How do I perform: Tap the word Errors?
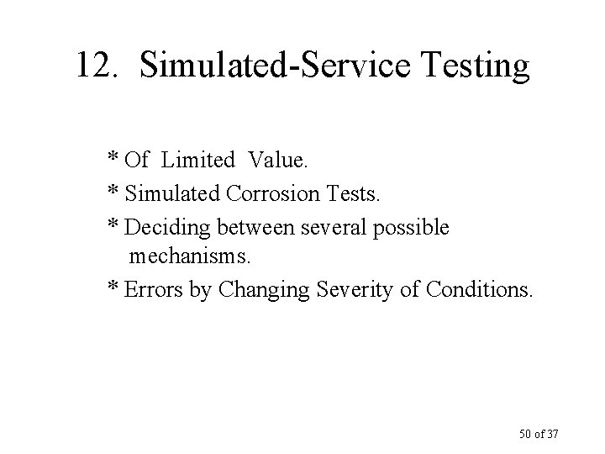[150, 289]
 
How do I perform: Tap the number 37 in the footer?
[550, 434]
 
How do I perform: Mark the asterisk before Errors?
[113, 288]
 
